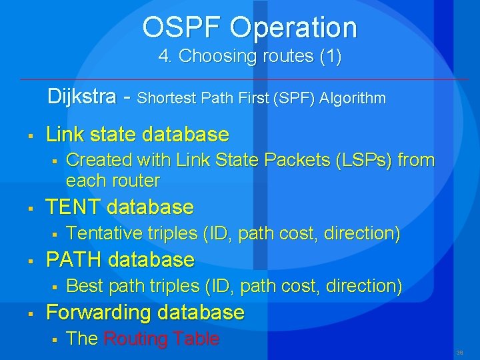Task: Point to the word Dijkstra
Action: point(81,97)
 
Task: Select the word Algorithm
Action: point(353,99)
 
